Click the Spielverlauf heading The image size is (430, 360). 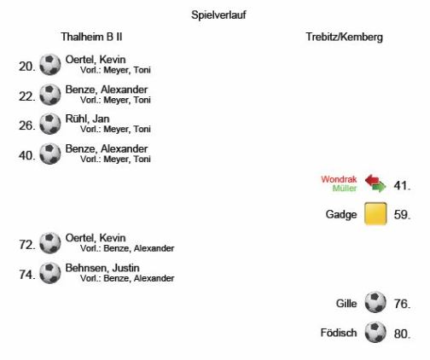[x=218, y=15]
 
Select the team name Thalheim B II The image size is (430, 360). [x=91, y=37]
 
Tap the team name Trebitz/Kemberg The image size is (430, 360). [x=344, y=38]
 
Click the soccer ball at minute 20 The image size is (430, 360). [x=50, y=65]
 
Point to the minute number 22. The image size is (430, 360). [x=27, y=96]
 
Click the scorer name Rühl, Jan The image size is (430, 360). [x=87, y=119]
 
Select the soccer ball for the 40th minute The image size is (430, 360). [x=50, y=154]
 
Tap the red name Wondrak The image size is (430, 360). [x=339, y=179]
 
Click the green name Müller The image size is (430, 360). [x=345, y=189]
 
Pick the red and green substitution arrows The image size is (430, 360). [x=375, y=183]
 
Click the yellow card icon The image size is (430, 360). [x=375, y=213]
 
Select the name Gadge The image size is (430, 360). [x=341, y=214]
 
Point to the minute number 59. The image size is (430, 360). [x=402, y=215]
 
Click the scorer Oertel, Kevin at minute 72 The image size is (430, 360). [x=96, y=238]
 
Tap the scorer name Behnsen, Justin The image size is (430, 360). [x=102, y=268]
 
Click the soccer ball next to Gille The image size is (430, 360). [x=375, y=302]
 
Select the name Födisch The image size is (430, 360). [x=339, y=333]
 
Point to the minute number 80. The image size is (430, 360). [x=402, y=334]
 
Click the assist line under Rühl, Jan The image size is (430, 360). [x=115, y=129]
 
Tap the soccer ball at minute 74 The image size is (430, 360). [x=50, y=273]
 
